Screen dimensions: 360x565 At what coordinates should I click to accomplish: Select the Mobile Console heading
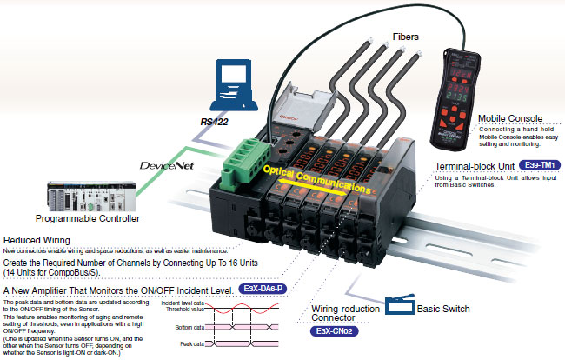(x=511, y=117)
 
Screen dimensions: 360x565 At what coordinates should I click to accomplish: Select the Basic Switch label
(x=442, y=309)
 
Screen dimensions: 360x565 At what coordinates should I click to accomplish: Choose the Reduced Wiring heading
(x=37, y=240)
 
